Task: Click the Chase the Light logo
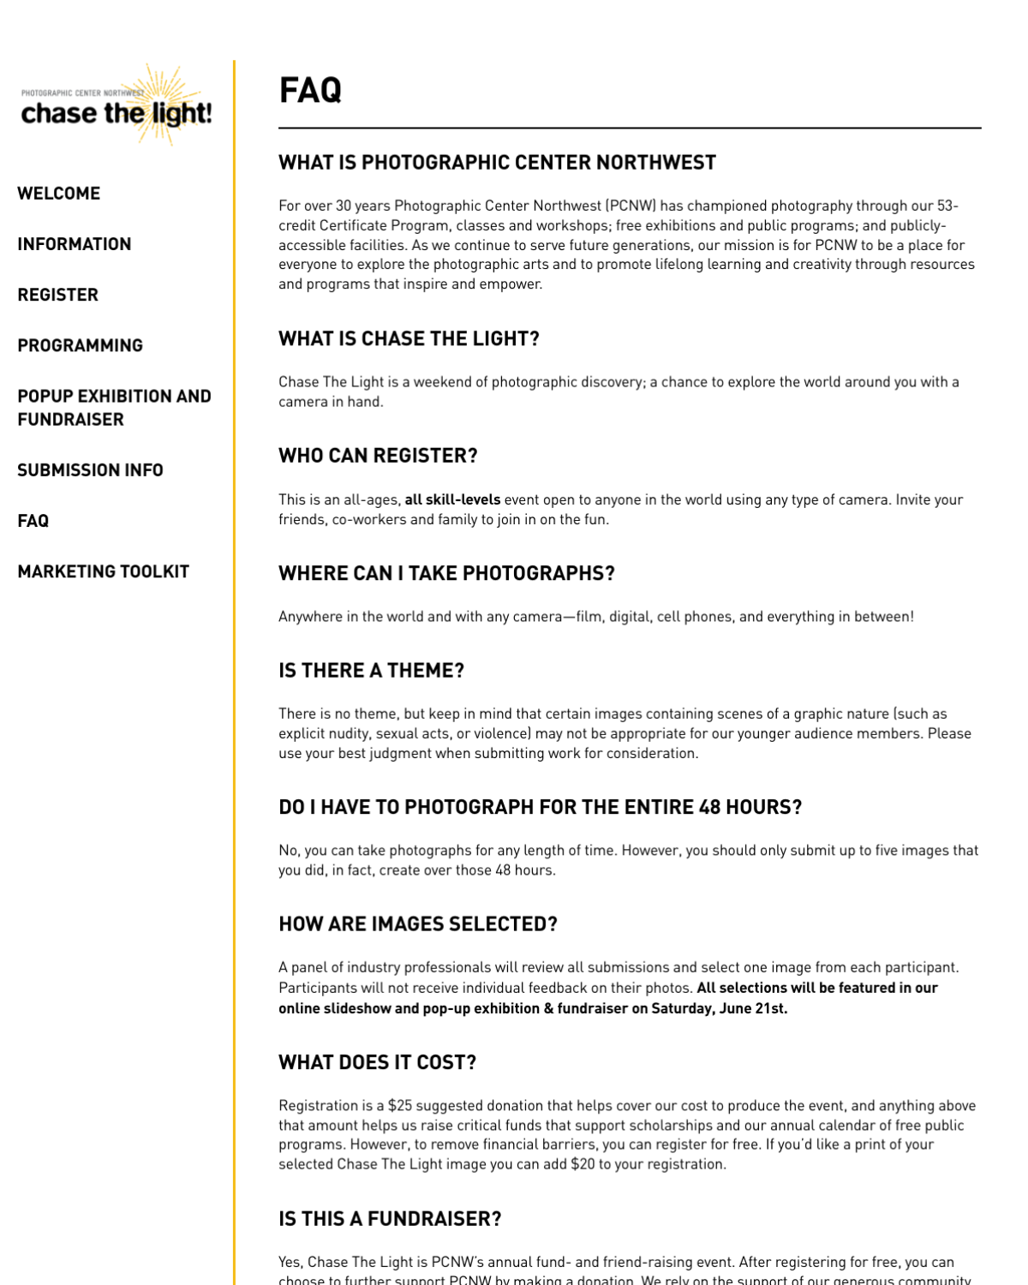coord(117,106)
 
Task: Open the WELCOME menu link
coord(59,194)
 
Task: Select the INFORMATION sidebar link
coord(75,244)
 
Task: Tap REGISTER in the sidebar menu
coord(58,295)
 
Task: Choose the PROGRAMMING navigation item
coord(81,345)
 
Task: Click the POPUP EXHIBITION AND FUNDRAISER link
coord(114,408)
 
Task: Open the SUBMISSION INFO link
coord(90,470)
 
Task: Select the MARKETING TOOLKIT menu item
coord(103,571)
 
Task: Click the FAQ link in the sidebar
coord(33,521)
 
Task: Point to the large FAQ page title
coord(310,90)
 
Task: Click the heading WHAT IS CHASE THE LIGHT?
coord(409,338)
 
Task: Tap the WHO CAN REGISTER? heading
coord(378,456)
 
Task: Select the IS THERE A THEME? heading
coord(371,670)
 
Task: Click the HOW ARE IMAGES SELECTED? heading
coord(417,924)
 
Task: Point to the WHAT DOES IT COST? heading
coord(377,1062)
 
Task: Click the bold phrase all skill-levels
coord(452,499)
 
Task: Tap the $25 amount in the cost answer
coord(398,1106)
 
